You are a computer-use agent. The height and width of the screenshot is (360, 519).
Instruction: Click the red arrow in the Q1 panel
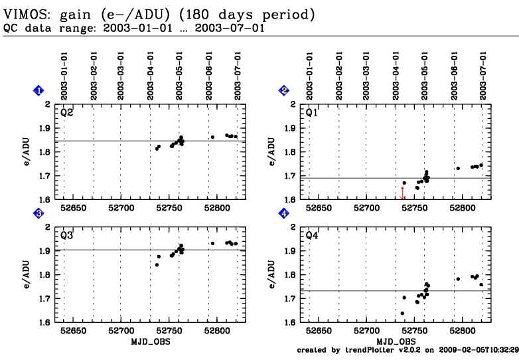tap(402, 193)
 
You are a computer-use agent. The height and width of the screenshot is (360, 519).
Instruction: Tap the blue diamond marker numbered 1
tap(39, 90)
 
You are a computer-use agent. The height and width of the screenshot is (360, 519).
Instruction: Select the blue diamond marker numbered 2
tap(283, 90)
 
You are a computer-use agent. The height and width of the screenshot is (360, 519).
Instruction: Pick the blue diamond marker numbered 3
tap(39, 213)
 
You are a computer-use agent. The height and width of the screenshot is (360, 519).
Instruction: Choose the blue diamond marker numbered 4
tap(283, 213)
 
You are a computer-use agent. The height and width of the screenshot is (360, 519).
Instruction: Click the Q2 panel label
tap(67, 113)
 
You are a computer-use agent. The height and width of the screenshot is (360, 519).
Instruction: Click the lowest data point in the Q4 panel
tap(402, 313)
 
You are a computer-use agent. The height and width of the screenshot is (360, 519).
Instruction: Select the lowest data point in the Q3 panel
tap(157, 265)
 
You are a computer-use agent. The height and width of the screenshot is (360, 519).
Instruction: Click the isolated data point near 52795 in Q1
tap(458, 168)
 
